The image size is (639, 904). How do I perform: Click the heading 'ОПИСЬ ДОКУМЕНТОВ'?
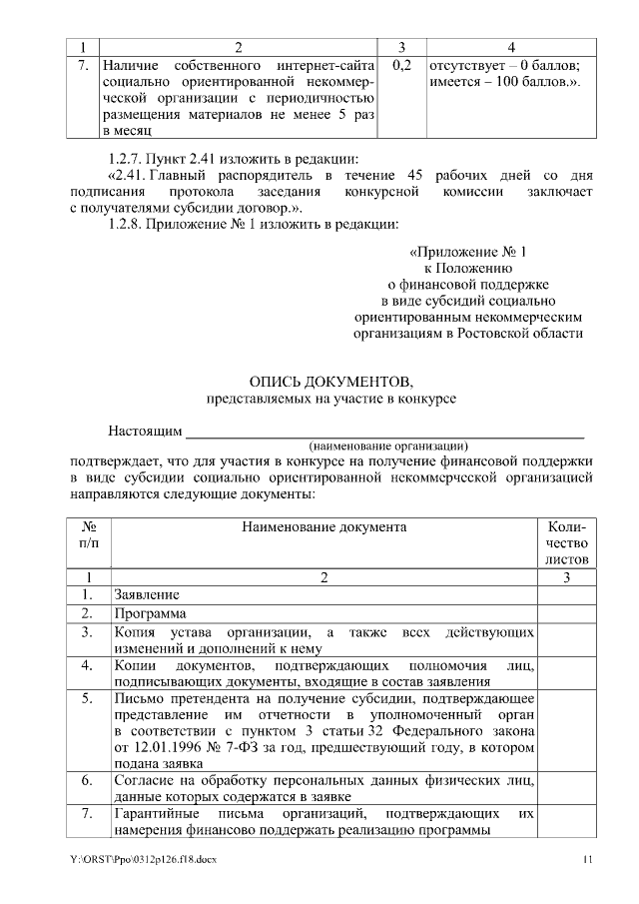(x=319, y=383)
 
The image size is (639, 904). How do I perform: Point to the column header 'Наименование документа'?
(x=324, y=525)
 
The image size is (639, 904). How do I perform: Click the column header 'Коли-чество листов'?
(x=567, y=541)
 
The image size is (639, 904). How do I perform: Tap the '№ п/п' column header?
(x=88, y=533)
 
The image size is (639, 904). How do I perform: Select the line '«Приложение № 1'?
(x=467, y=252)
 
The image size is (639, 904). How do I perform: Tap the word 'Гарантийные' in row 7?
(x=152, y=815)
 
